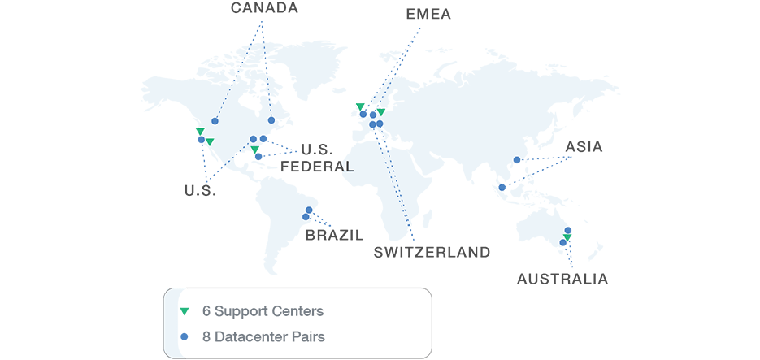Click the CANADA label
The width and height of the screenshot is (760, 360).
pos(264,8)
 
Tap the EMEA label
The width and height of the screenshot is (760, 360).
pos(428,14)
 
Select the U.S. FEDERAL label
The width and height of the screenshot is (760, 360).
pos(317,158)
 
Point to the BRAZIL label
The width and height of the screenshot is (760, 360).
pos(334,236)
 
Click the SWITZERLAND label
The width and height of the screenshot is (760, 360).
pos(432,252)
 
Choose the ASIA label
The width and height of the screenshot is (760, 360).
pos(584,147)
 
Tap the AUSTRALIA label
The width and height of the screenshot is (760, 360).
pos(562,280)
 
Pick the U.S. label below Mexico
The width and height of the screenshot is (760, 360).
pos(199,191)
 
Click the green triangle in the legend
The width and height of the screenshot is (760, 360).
pos(185,311)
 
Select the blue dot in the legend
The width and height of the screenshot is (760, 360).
pos(185,336)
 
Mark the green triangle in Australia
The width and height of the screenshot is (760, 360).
pos(567,237)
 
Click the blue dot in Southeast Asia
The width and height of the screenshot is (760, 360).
pos(502,188)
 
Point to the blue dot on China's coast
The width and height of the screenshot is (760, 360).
pos(517,160)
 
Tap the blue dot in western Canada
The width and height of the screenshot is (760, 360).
pos(215,121)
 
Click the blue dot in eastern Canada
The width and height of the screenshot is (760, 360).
pos(271,120)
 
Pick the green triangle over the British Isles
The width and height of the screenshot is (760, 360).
pos(359,106)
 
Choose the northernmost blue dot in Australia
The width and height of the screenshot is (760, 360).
pos(568,231)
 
